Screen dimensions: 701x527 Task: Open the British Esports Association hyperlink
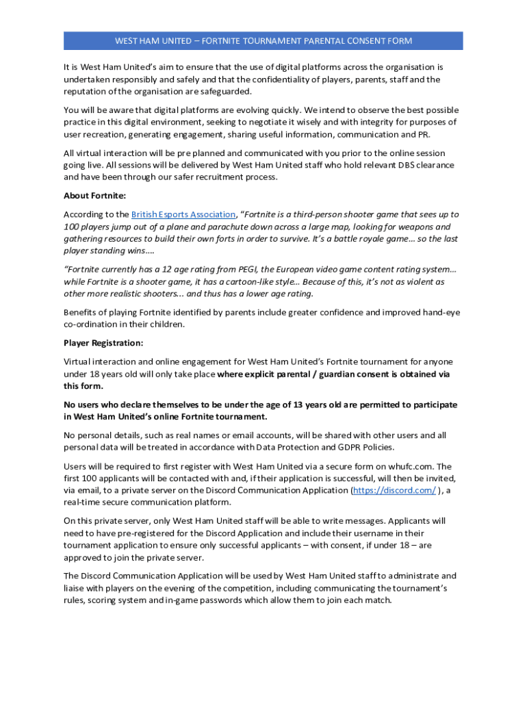click(183, 215)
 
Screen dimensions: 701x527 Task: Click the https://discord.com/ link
click(394, 491)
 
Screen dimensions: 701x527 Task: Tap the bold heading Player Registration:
click(103, 343)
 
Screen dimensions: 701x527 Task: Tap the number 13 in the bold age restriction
click(298, 405)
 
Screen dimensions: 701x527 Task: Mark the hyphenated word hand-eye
click(442, 313)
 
